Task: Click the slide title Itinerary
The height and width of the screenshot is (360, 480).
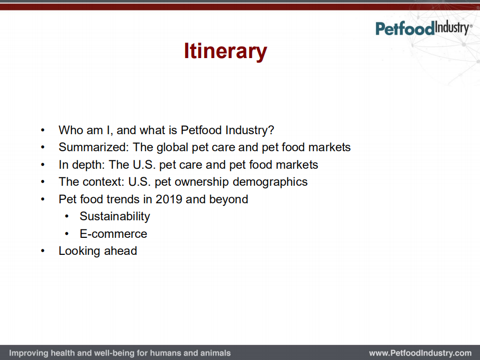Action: tap(225, 52)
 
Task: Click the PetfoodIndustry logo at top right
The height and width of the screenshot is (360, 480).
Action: tap(423, 28)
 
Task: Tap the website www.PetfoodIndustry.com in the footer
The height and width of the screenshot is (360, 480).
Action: tap(420, 353)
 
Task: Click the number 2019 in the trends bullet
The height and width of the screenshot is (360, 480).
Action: tap(169, 199)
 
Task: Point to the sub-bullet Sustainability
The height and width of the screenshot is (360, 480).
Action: tap(115, 216)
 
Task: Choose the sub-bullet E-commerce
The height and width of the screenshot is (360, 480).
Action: tap(113, 234)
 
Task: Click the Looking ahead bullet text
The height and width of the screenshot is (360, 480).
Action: tap(98, 251)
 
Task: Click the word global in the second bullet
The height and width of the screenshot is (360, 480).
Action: tap(173, 147)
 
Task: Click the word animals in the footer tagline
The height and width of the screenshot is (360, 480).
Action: tap(215, 353)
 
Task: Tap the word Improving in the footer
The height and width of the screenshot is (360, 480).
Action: tap(28, 353)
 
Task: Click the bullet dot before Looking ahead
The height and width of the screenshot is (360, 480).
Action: tap(43, 251)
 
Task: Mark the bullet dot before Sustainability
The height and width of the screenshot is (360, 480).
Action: tap(67, 216)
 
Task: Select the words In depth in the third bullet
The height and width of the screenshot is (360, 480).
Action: tap(80, 165)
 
